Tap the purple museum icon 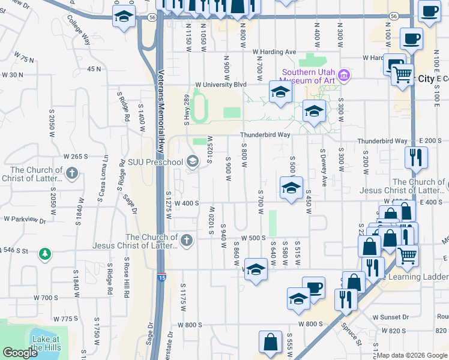[x=345, y=76]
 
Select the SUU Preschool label [x=156, y=162]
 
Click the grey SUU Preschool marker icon [x=193, y=161]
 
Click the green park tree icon [x=44, y=254]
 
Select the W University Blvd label [x=221, y=85]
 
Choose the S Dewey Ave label [x=324, y=167]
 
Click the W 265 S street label [x=76, y=157]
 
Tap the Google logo [x=19, y=352]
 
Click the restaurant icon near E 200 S [x=415, y=158]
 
